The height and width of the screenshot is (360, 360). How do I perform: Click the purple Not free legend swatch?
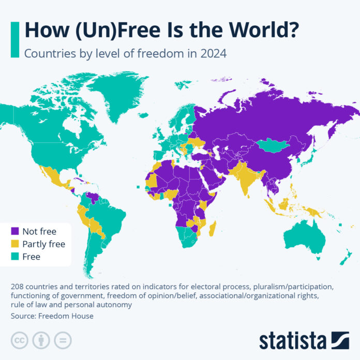[15, 231]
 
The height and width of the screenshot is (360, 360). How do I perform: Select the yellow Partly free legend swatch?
[15, 244]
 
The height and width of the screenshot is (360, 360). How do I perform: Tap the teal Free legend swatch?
[15, 256]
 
